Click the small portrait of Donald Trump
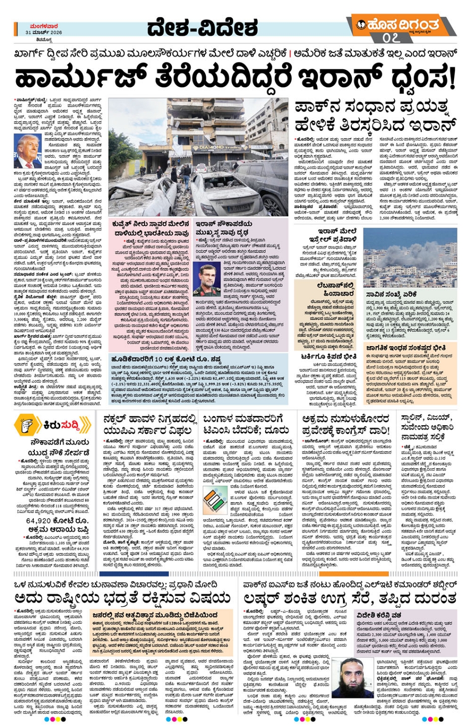tap(27, 151)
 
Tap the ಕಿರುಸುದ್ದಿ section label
tap(65, 425)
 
